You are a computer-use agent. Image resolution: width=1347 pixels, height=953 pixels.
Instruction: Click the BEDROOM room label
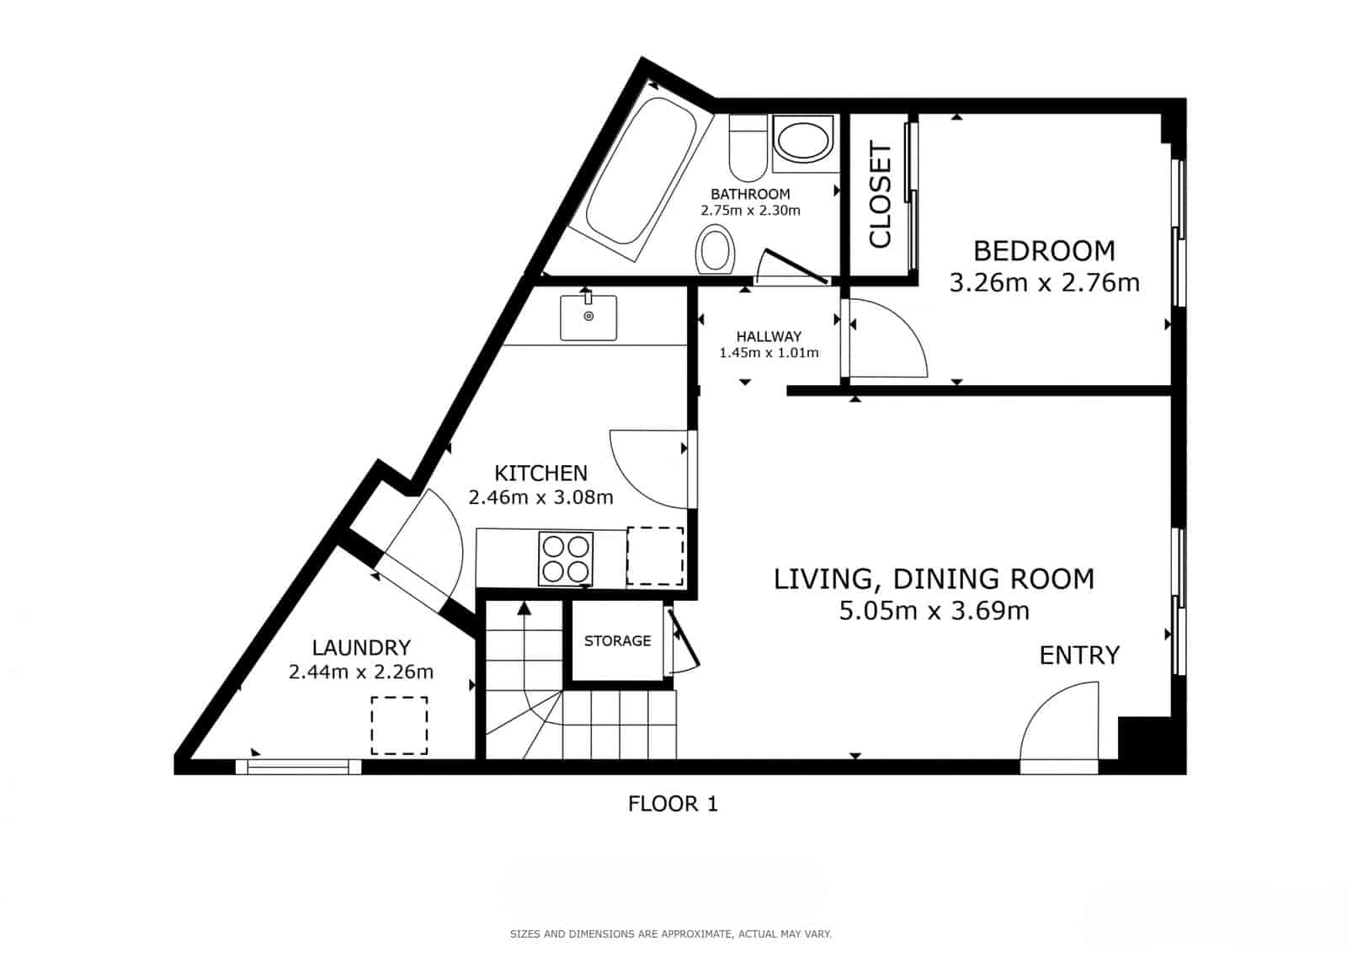click(1044, 251)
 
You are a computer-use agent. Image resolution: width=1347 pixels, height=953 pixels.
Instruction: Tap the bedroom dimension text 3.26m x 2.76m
click(1044, 282)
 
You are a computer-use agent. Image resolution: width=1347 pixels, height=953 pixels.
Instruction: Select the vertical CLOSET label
click(880, 195)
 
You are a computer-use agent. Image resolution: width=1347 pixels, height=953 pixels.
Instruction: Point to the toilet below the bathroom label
click(716, 249)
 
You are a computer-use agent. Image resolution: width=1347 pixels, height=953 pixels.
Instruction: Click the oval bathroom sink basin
click(802, 140)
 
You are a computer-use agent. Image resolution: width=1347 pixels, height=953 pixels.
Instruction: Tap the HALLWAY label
click(769, 336)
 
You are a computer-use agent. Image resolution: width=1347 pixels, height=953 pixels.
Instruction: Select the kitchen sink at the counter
click(588, 317)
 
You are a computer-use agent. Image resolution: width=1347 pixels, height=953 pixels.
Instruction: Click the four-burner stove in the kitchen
click(566, 559)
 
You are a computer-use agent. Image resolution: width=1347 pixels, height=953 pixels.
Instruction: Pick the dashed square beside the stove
click(655, 556)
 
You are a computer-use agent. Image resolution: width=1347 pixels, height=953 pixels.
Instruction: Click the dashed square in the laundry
click(399, 725)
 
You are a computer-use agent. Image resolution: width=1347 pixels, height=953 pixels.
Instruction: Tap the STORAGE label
click(617, 641)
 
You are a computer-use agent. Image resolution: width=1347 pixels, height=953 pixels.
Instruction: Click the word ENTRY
click(1079, 656)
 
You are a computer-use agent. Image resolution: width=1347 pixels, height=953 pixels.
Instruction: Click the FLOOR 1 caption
click(673, 804)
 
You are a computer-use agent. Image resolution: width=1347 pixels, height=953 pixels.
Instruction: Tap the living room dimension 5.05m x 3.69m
click(934, 611)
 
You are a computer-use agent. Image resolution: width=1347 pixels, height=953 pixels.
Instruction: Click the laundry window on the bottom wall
click(298, 766)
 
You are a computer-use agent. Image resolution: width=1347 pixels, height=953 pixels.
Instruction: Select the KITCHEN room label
click(540, 473)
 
